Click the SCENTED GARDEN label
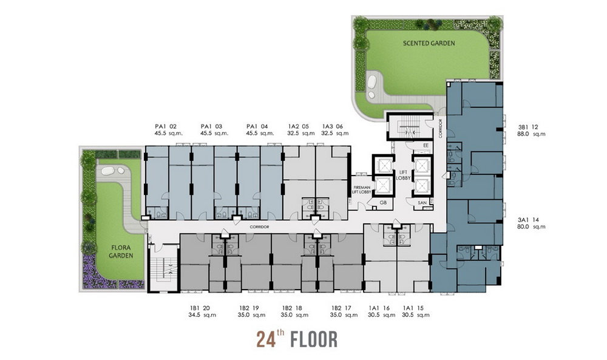(429, 43)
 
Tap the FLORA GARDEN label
(121, 251)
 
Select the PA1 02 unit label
(166, 126)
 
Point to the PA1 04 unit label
(257, 126)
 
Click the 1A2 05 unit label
(299, 126)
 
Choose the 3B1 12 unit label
(528, 127)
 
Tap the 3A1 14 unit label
(528, 220)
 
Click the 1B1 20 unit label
(200, 308)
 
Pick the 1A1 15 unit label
(413, 308)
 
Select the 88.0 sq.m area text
(531, 134)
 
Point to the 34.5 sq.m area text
(202, 315)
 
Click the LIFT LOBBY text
(404, 175)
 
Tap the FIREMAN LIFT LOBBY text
(362, 189)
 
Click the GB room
(383, 202)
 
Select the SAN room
(422, 203)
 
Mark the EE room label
(426, 145)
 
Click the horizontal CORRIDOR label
(259, 227)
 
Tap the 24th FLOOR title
(297, 339)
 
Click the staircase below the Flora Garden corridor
(163, 268)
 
